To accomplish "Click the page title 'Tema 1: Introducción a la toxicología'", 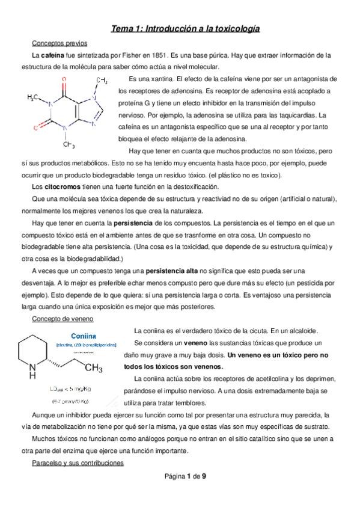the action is [185, 28].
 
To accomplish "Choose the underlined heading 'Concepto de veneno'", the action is [60, 319].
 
